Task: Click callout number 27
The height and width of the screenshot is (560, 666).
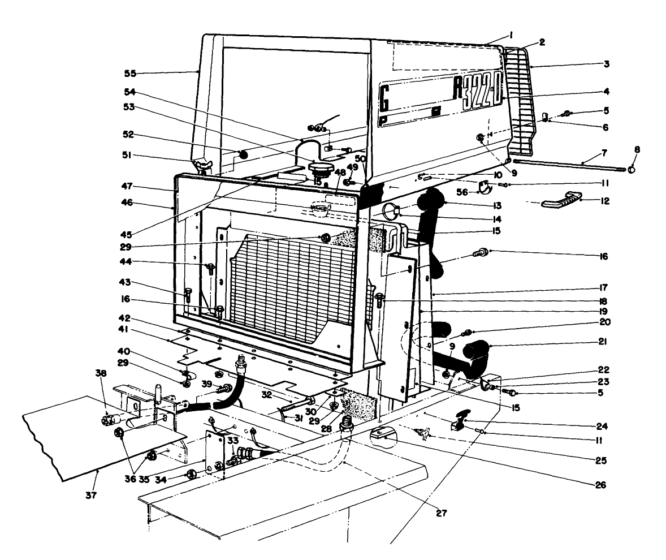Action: (x=441, y=513)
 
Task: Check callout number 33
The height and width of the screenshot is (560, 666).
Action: (x=232, y=439)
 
